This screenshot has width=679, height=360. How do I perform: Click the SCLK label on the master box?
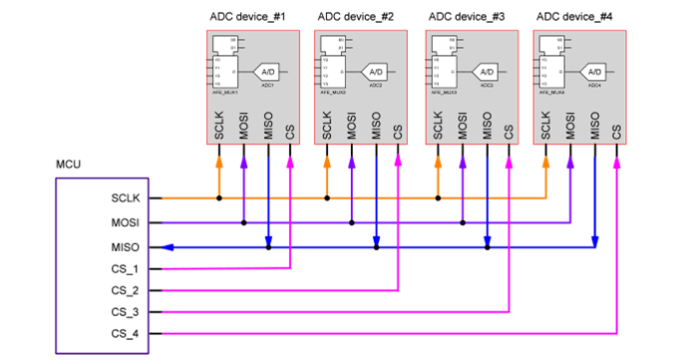(126, 198)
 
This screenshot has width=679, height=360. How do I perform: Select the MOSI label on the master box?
(126, 222)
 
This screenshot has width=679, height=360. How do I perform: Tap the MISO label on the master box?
(126, 246)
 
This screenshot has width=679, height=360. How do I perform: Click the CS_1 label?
(126, 268)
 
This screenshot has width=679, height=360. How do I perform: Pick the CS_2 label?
(126, 290)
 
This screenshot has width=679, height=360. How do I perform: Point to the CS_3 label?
(126, 312)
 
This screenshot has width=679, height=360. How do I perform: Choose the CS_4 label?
(126, 333)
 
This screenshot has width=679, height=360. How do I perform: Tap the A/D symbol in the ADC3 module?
(486, 72)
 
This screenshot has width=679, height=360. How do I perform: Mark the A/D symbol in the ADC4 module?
(594, 72)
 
